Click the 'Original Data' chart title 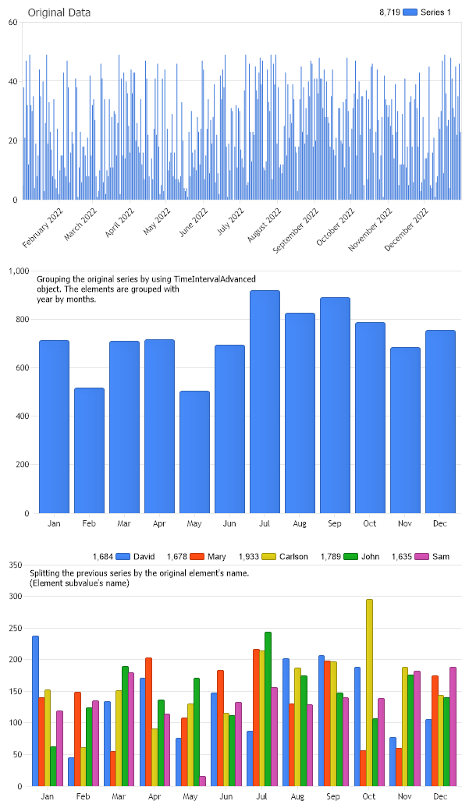click(59, 12)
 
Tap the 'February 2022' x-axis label click(43, 229)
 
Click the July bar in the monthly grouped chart click(265, 402)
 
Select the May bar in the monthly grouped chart click(194, 452)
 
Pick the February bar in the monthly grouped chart click(89, 450)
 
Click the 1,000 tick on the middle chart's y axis click(17, 271)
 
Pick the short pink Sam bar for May click(203, 781)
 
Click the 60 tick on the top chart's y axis click(13, 22)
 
